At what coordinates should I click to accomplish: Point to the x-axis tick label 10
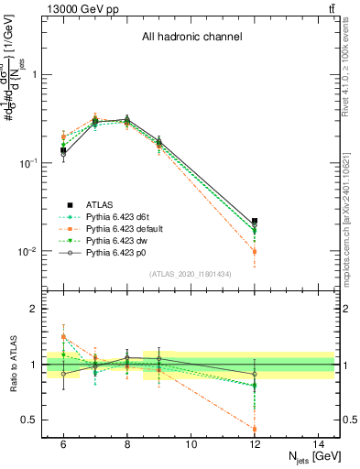tap(191, 444)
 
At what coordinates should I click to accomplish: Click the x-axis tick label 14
tap(318, 444)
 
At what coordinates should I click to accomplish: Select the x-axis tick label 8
tap(126, 444)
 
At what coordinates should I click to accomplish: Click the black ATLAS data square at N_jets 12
tap(255, 222)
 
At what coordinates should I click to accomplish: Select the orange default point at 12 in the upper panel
tap(255, 251)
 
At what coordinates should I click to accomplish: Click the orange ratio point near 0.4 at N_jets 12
tap(255, 429)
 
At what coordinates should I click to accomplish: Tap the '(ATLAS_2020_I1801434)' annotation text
tap(191, 274)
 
